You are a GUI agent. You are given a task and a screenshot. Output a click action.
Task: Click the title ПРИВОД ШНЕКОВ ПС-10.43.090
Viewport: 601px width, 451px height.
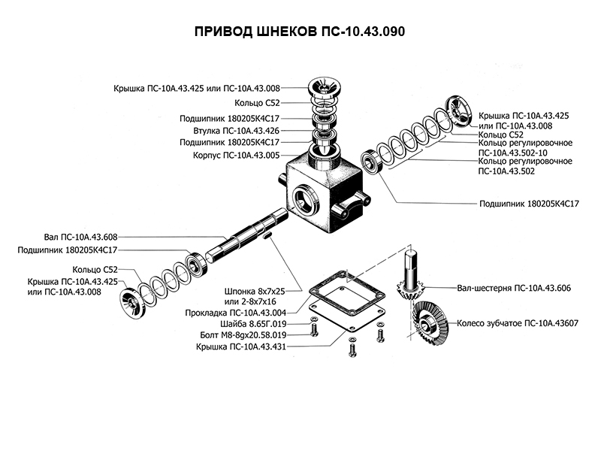click(x=300, y=33)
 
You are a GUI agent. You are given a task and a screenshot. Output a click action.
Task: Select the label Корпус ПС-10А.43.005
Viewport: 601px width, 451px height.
click(x=234, y=156)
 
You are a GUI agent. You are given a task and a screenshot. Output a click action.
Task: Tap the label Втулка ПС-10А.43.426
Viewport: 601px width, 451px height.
click(x=234, y=130)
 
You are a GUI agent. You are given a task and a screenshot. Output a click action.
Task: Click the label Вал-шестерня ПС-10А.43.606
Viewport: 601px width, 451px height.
click(x=514, y=287)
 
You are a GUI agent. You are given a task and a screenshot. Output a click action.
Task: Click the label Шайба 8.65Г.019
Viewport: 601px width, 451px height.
click(x=254, y=323)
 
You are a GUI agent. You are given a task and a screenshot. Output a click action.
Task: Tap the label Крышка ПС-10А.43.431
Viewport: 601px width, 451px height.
click(x=240, y=347)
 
